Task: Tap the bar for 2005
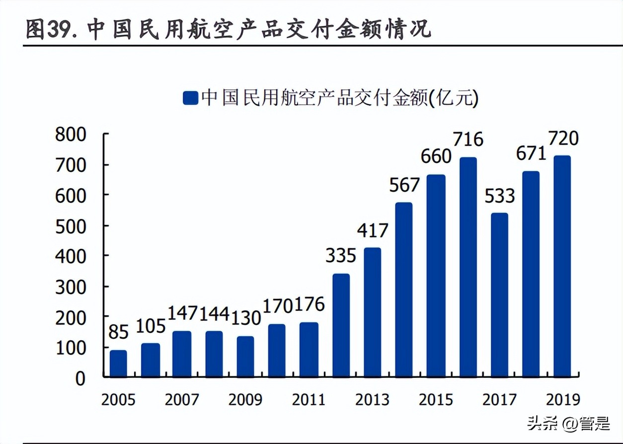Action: click(118, 364)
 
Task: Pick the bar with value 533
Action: click(499, 295)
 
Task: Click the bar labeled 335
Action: click(341, 325)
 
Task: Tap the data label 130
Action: click(245, 318)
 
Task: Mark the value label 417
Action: click(372, 230)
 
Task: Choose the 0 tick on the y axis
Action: click(80, 378)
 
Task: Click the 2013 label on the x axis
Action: click(372, 400)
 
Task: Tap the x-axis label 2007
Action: click(181, 400)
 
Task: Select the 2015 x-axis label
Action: click(436, 400)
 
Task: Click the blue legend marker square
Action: click(190, 98)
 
